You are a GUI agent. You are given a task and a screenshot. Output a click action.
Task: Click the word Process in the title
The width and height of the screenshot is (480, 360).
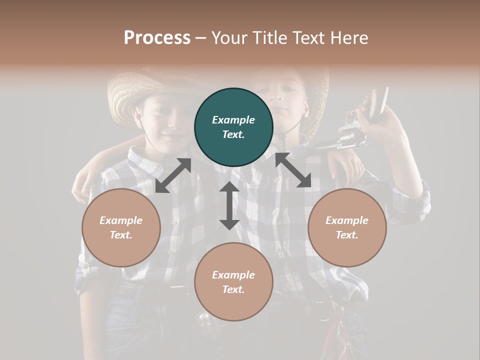157,38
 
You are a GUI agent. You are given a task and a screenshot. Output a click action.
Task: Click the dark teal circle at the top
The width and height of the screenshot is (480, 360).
233,127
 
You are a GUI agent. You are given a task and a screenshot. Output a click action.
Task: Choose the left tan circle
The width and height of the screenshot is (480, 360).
121,227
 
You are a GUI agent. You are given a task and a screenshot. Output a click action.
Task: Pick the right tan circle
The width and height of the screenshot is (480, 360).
347,227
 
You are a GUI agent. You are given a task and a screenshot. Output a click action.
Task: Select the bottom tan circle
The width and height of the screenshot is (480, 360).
233,281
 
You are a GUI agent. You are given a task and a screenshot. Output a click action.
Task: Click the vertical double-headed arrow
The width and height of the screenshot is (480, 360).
229,205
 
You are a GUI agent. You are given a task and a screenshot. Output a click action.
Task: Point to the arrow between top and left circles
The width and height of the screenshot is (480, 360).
173,175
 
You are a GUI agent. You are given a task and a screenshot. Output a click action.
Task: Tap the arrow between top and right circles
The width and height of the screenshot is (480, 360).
293,170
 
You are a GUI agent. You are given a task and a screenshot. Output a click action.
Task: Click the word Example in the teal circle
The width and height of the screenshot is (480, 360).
233,120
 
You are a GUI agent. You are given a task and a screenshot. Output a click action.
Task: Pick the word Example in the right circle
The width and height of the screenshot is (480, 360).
347,220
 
